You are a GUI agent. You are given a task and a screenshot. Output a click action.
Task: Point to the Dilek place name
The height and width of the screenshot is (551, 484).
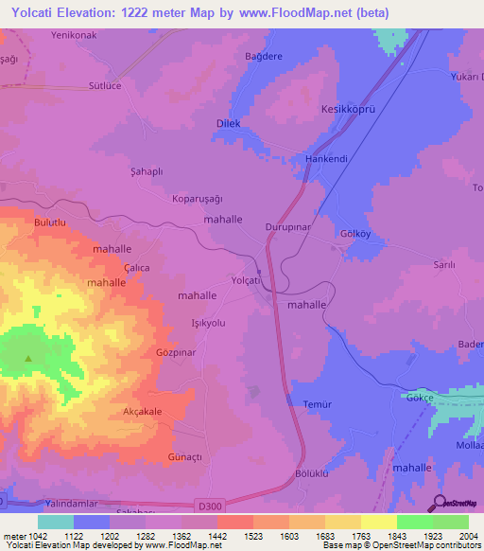pyautogui.click(x=229, y=124)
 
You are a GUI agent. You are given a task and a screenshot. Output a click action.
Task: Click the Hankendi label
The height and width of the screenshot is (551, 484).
pyautogui.click(x=328, y=159)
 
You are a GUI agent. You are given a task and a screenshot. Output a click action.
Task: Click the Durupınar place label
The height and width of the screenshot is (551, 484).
pyautogui.click(x=288, y=229)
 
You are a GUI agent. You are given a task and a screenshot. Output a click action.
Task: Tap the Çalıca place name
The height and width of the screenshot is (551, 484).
pyautogui.click(x=137, y=268)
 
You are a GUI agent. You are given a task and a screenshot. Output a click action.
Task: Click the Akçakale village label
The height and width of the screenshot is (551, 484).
pyautogui.click(x=143, y=412)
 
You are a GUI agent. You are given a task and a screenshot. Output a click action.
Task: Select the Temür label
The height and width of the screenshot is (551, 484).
pyautogui.click(x=318, y=404)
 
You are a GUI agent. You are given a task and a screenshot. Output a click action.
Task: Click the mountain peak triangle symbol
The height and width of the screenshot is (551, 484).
pyautogui.click(x=27, y=358)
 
